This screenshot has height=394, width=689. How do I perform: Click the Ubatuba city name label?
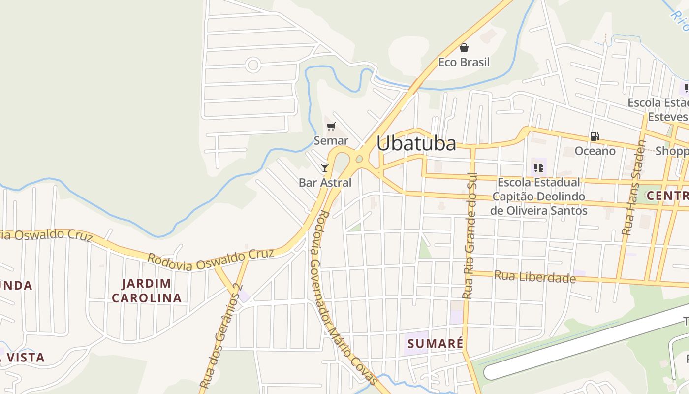coord(416,143)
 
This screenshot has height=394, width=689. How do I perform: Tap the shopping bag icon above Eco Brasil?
coord(464,48)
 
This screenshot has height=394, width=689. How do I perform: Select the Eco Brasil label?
coord(464,62)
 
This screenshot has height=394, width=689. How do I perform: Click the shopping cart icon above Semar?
coord(331,127)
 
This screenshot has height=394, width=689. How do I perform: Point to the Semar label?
coord(331,141)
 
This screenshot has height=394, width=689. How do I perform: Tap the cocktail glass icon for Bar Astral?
coord(325,168)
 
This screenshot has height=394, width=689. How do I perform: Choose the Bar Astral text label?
coord(325,183)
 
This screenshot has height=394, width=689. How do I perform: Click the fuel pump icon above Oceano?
coord(595,136)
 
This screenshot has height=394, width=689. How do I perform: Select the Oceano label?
coord(595,151)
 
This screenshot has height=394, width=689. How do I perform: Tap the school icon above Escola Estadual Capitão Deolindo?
coord(539,168)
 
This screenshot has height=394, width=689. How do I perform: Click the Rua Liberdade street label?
coord(534,277)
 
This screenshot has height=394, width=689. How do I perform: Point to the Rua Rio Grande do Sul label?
coord(470,235)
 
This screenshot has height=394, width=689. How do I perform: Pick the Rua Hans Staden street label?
coord(633,188)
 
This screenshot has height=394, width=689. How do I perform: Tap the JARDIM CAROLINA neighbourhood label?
coord(147,291)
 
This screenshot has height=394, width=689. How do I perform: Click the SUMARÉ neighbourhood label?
coord(435,343)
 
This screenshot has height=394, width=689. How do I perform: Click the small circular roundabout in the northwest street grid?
coord(253,65)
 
